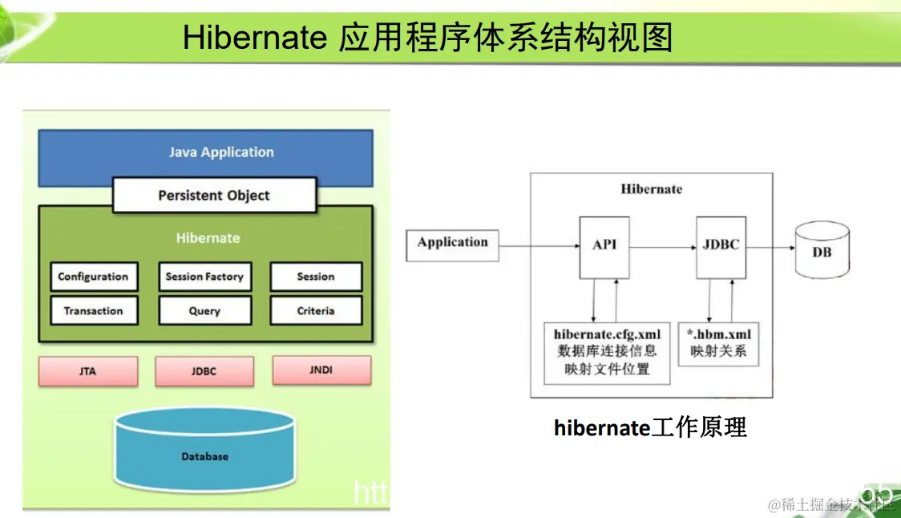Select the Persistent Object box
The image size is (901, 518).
click(214, 196)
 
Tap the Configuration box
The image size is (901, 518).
click(93, 277)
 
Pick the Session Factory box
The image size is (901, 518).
click(204, 277)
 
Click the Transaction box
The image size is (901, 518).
click(93, 311)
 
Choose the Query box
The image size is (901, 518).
click(204, 311)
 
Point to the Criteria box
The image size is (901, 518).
click(316, 311)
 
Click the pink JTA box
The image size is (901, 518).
click(88, 371)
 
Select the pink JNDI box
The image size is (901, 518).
click(321, 370)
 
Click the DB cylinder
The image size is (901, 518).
click(821, 251)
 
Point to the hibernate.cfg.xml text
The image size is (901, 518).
click(607, 334)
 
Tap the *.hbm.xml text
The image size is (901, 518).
click(718, 334)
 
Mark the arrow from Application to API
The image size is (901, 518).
click(539, 248)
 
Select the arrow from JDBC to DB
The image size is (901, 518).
click(770, 248)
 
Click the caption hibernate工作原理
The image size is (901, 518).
click(650, 427)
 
